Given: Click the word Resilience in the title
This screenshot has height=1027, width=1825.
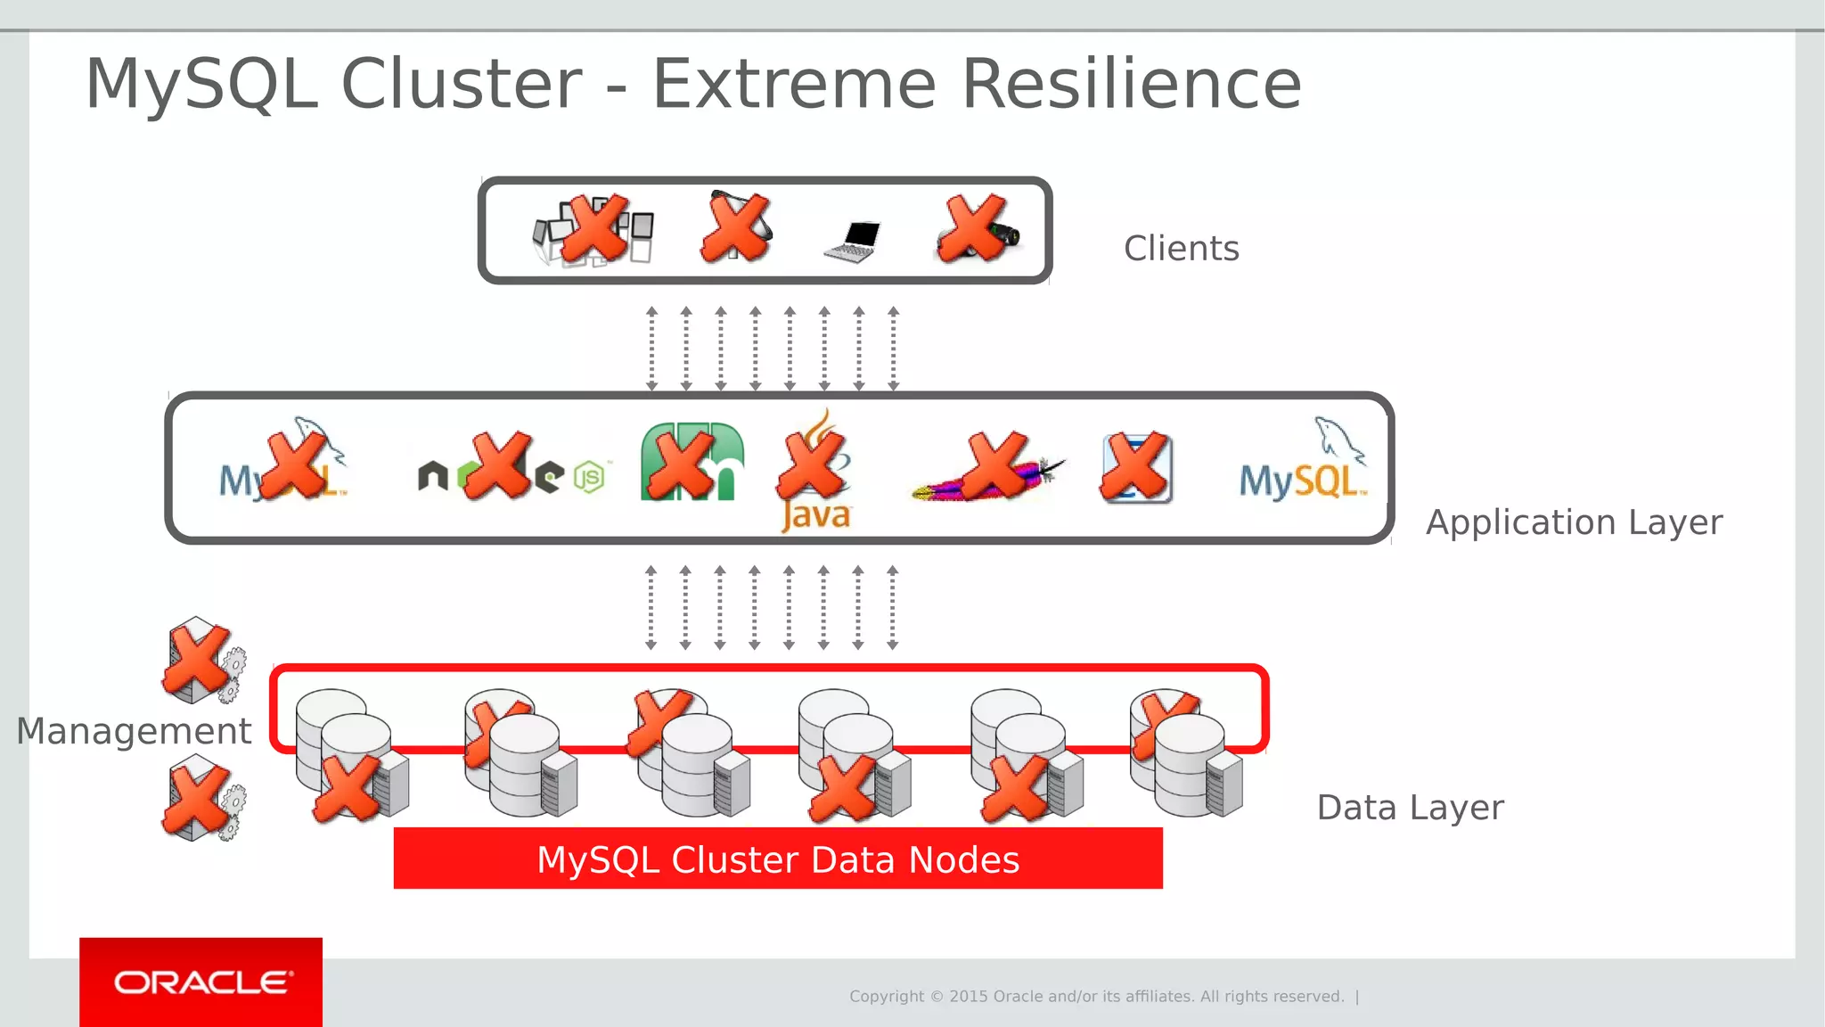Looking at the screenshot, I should point(1132,84).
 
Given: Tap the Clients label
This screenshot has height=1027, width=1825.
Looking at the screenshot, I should point(1181,249).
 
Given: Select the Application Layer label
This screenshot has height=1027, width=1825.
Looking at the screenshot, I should point(1574,522).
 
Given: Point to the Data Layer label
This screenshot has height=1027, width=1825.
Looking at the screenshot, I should point(1410,808).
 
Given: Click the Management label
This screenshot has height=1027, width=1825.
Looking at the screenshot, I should point(134,731).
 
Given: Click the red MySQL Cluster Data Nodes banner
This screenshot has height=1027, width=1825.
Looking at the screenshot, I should point(778,859).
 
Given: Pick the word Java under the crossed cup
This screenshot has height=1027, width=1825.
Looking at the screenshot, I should point(816,515).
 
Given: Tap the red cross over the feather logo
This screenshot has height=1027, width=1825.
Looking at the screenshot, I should point(995,464).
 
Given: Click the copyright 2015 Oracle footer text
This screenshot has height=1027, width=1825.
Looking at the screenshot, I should point(1096,997).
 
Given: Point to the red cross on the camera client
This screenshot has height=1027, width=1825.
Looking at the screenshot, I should point(974,228).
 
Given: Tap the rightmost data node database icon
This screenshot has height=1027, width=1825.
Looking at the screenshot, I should point(1185,753).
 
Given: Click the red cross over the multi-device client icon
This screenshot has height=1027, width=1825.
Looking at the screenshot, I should point(595,228).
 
